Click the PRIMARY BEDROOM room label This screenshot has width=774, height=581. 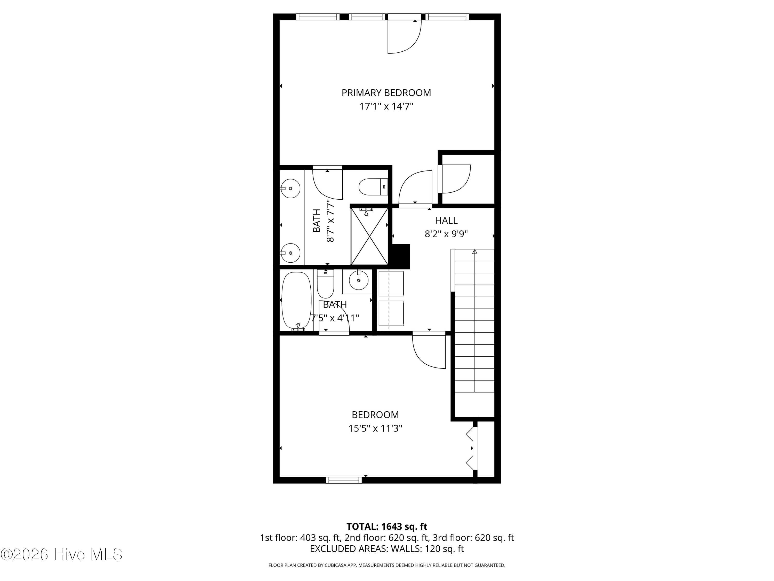point(386,93)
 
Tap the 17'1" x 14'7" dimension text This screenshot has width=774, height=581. point(386,106)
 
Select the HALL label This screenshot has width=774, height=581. point(446,220)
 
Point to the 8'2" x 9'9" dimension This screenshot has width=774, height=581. point(446,234)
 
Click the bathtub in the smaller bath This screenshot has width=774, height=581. point(296,301)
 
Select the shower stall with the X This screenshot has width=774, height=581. point(369,236)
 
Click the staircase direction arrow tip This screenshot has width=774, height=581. point(475,250)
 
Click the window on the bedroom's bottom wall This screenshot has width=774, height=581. point(344,480)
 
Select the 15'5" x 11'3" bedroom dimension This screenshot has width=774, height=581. point(375,429)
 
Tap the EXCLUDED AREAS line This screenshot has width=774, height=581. point(387,549)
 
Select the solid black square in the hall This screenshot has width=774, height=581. point(401,256)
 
